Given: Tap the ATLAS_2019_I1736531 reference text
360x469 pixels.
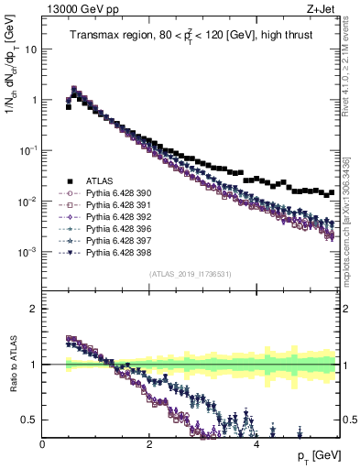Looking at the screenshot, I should pos(191,274).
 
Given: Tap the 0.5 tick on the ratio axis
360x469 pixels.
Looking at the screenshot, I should pos(33,420).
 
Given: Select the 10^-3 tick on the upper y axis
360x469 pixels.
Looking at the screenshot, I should pos(27,251).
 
